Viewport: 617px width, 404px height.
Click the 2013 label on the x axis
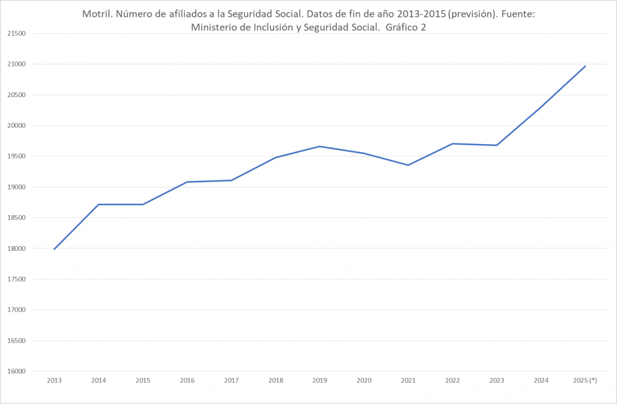click(x=54, y=380)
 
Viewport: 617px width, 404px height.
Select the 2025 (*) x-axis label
click(x=585, y=380)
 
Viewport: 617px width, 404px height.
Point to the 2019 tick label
click(x=319, y=380)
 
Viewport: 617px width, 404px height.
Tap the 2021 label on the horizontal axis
click(x=408, y=380)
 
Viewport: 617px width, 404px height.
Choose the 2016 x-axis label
click(x=187, y=380)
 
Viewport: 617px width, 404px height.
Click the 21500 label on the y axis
click(x=17, y=34)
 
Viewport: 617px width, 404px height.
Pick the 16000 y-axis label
click(x=17, y=371)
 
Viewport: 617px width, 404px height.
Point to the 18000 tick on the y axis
click(x=17, y=248)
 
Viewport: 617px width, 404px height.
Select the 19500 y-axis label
click(x=17, y=156)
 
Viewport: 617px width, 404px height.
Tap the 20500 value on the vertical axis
click(x=17, y=95)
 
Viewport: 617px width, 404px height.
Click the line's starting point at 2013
click(x=54, y=249)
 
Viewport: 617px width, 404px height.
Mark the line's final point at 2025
click(x=585, y=66)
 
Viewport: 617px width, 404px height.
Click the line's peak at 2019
click(x=319, y=147)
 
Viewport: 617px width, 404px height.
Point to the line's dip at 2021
click(x=408, y=165)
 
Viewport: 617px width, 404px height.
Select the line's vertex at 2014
click(x=98, y=204)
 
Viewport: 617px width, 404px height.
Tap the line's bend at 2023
click(x=496, y=145)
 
